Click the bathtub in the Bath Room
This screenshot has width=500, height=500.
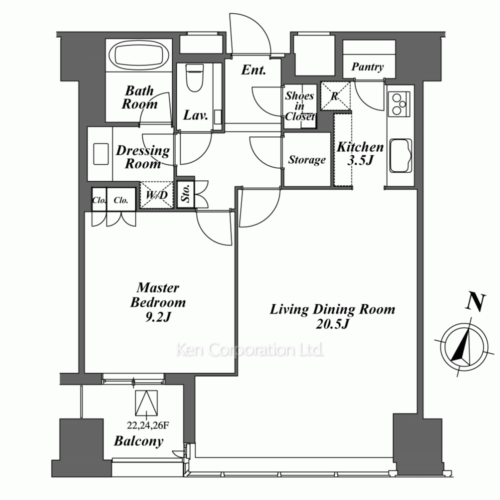[138, 56]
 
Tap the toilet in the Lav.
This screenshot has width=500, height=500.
[194, 77]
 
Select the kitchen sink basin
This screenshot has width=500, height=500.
[400, 155]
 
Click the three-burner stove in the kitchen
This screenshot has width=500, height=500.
[399, 104]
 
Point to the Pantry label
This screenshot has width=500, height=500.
[367, 66]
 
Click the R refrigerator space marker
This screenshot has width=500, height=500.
[335, 96]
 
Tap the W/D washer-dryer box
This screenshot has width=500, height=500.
[156, 195]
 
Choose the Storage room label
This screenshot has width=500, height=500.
[307, 159]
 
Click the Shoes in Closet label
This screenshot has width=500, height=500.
[299, 106]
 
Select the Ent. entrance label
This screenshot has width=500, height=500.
[253, 70]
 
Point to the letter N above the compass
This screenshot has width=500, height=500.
[475, 302]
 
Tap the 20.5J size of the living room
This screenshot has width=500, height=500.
[332, 324]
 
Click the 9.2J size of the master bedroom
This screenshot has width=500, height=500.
[158, 317]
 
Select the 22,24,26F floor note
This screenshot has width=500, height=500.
[147, 425]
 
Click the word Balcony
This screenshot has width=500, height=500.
[138, 441]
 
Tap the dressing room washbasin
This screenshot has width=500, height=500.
[101, 154]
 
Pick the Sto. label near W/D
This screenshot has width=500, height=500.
[185, 194]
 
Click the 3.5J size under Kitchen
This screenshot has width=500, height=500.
[360, 160]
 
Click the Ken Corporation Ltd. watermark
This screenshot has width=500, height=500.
[249, 350]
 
